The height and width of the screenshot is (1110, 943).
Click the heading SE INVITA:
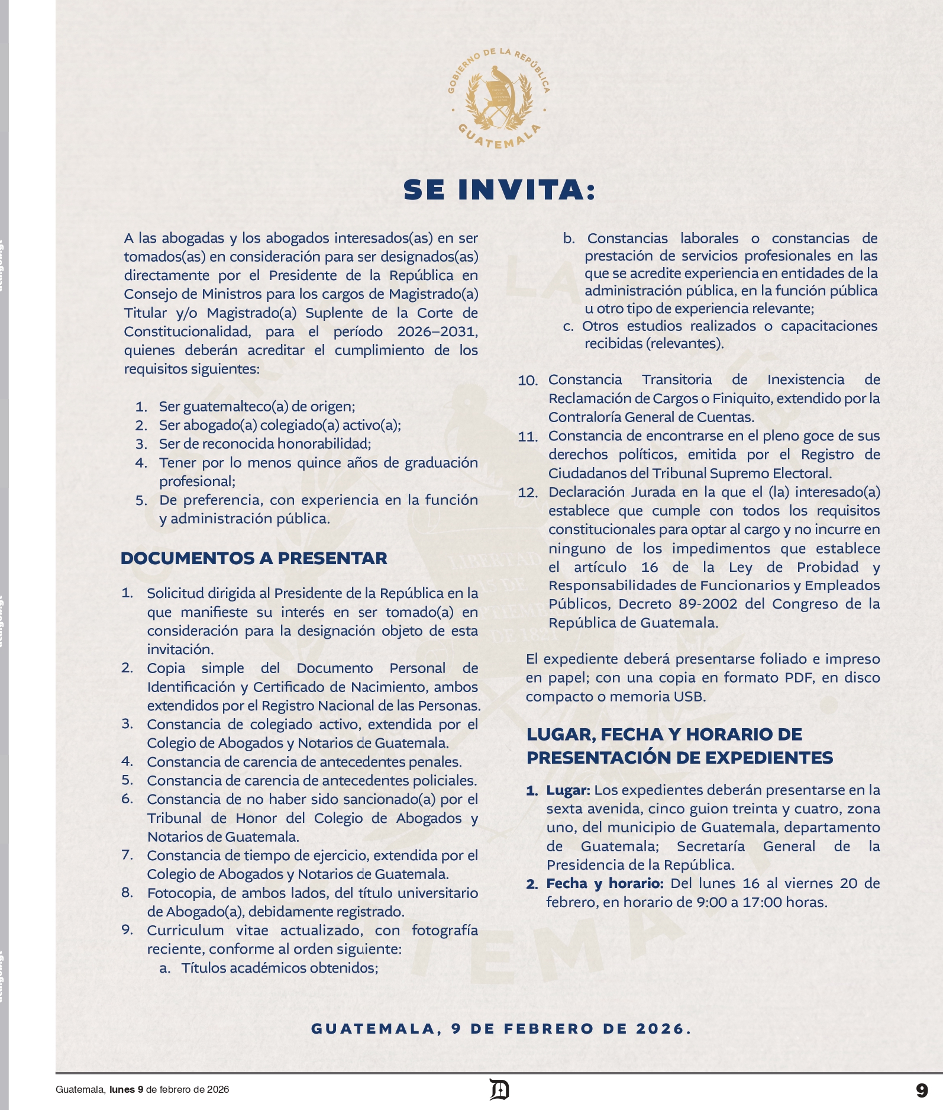(x=499, y=190)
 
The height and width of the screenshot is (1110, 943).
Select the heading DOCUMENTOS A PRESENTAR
(x=254, y=558)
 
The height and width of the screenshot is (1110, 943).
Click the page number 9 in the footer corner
(x=921, y=1090)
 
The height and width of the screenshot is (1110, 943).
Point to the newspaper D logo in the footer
(x=499, y=1090)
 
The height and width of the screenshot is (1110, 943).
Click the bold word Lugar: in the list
(x=568, y=790)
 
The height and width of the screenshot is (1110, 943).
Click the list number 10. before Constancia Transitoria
(x=528, y=381)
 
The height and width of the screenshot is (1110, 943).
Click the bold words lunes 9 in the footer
(x=126, y=1090)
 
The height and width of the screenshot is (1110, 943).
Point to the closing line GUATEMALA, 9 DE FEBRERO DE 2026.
(x=501, y=1029)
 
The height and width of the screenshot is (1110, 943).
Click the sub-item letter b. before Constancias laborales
(x=569, y=239)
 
